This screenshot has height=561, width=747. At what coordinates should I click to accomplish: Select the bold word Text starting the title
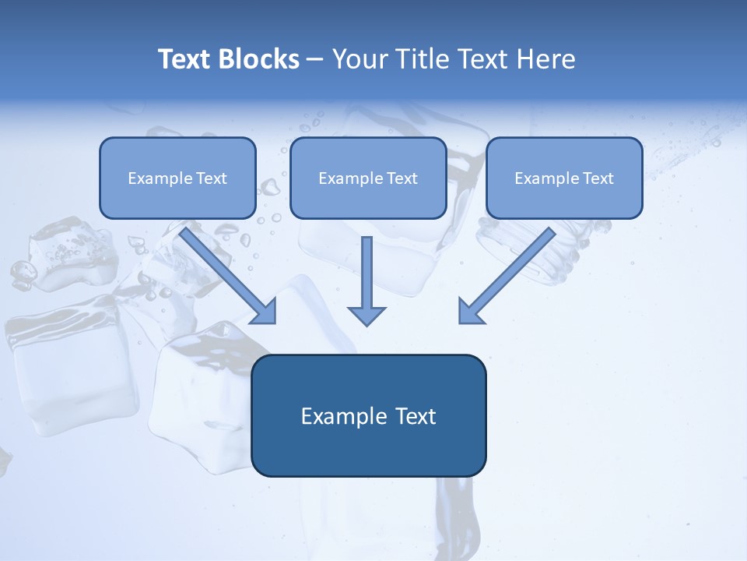pos(185,59)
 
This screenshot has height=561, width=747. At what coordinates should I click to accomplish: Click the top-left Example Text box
pos(177,178)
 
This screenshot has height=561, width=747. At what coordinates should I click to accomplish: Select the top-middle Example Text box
pos(368,178)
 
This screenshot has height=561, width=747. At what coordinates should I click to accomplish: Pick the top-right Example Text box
pos(564,178)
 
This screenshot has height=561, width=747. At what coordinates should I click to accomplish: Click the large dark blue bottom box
pos(368,415)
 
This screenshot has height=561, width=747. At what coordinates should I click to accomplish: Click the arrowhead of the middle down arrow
pos(366,316)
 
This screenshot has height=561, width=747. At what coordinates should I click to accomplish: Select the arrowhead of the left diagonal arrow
pos(265,312)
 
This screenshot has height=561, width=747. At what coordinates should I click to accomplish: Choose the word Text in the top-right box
pos(598,178)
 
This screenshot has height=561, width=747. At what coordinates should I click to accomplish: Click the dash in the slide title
pos(315,60)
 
